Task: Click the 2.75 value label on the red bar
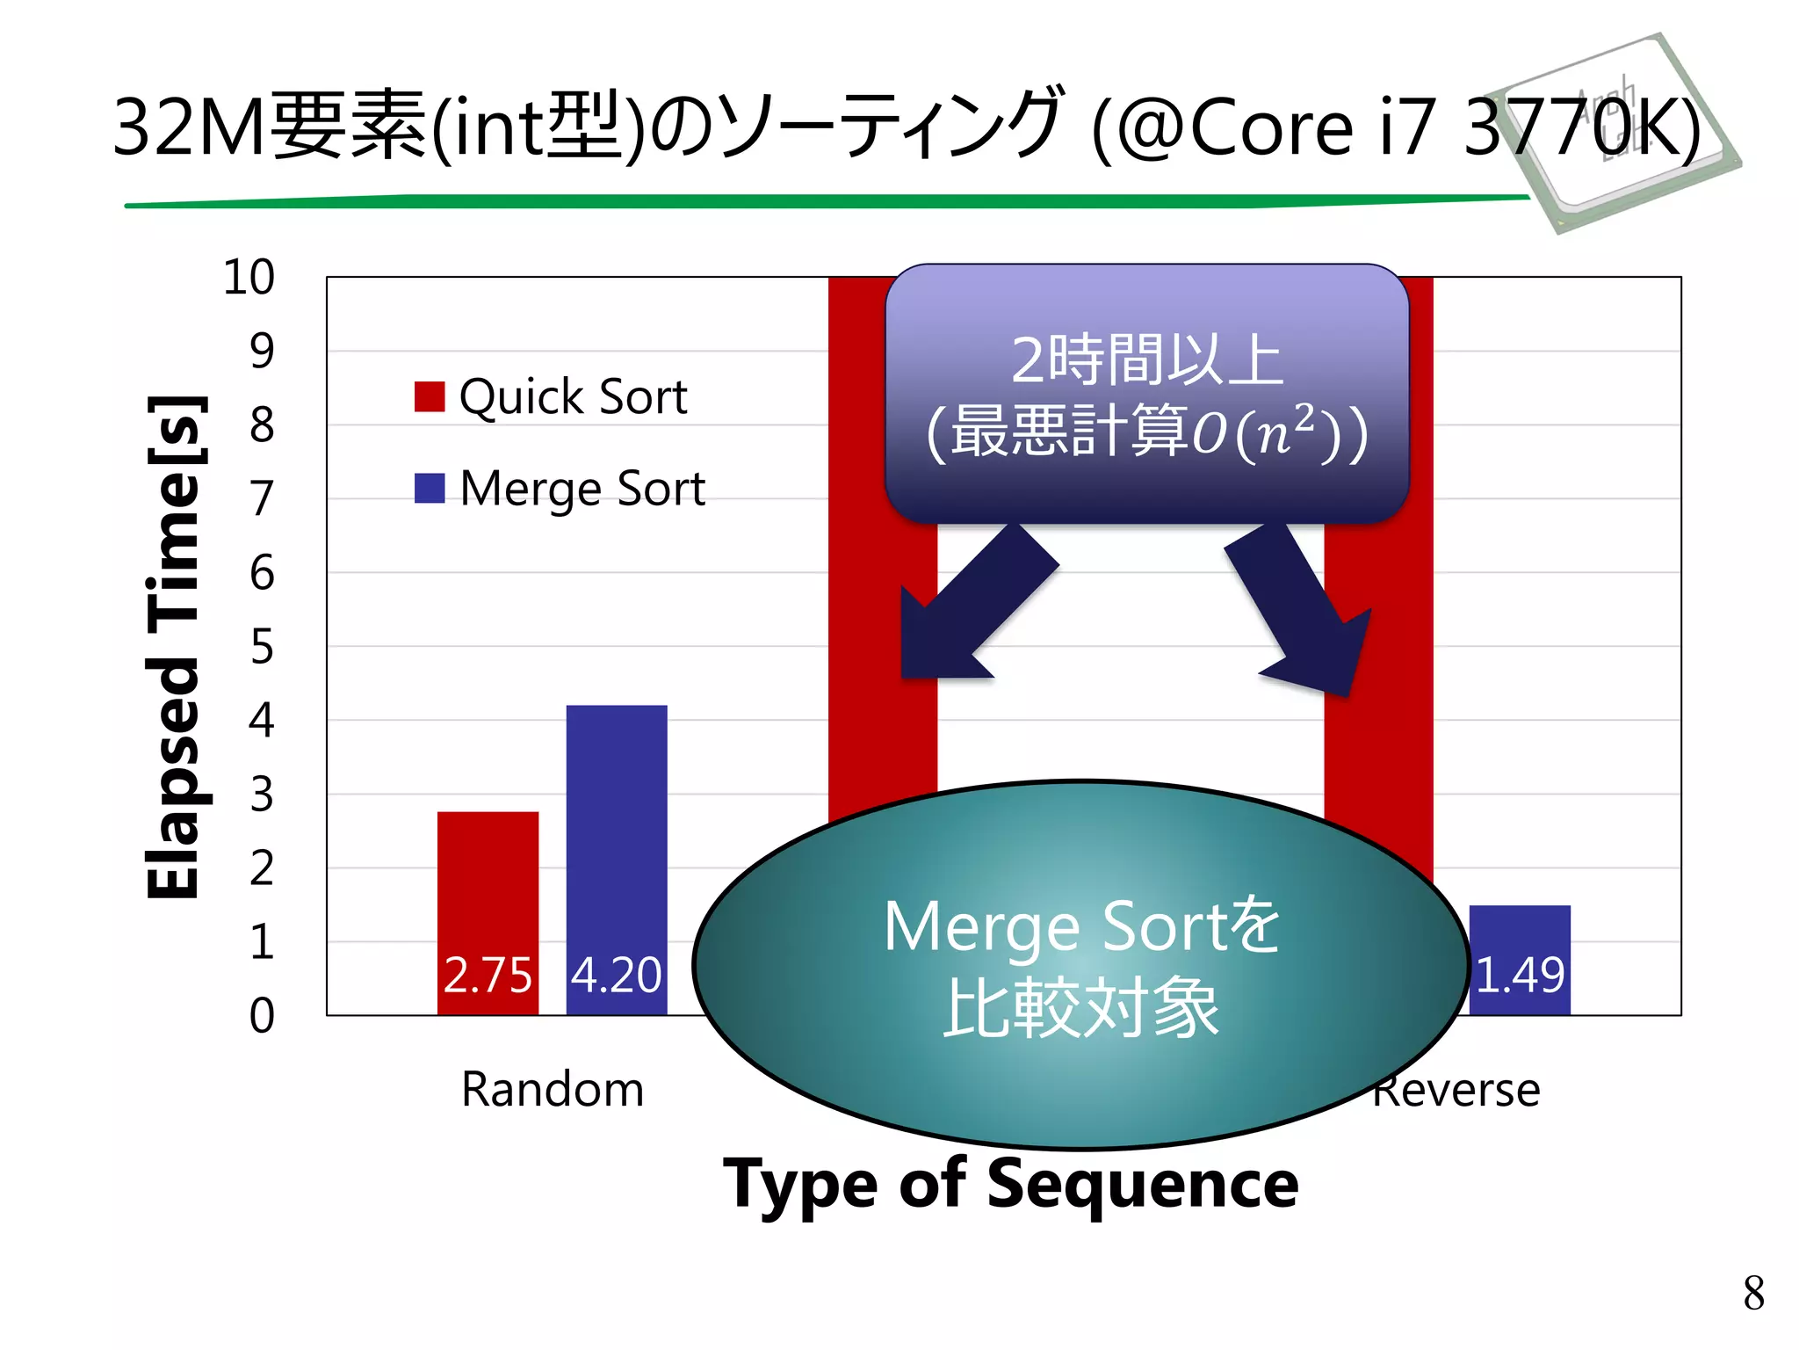point(488,975)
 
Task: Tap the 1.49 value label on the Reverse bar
point(1520,975)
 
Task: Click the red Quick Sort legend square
point(430,396)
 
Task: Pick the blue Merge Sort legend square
point(430,488)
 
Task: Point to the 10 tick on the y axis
point(249,278)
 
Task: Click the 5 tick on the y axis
point(262,647)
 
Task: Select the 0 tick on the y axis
point(262,1015)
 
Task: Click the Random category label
point(553,1090)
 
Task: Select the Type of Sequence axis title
point(1010,1184)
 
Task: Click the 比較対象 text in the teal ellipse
point(1081,1007)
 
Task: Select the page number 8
point(1753,1293)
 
